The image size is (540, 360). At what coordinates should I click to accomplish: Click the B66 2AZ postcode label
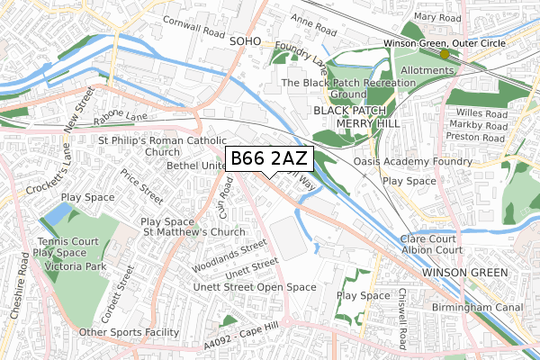[269, 159]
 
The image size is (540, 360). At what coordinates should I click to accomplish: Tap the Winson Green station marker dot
[444, 54]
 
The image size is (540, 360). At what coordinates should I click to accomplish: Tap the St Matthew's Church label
[194, 233]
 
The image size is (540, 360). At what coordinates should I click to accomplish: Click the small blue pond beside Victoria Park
[56, 214]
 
